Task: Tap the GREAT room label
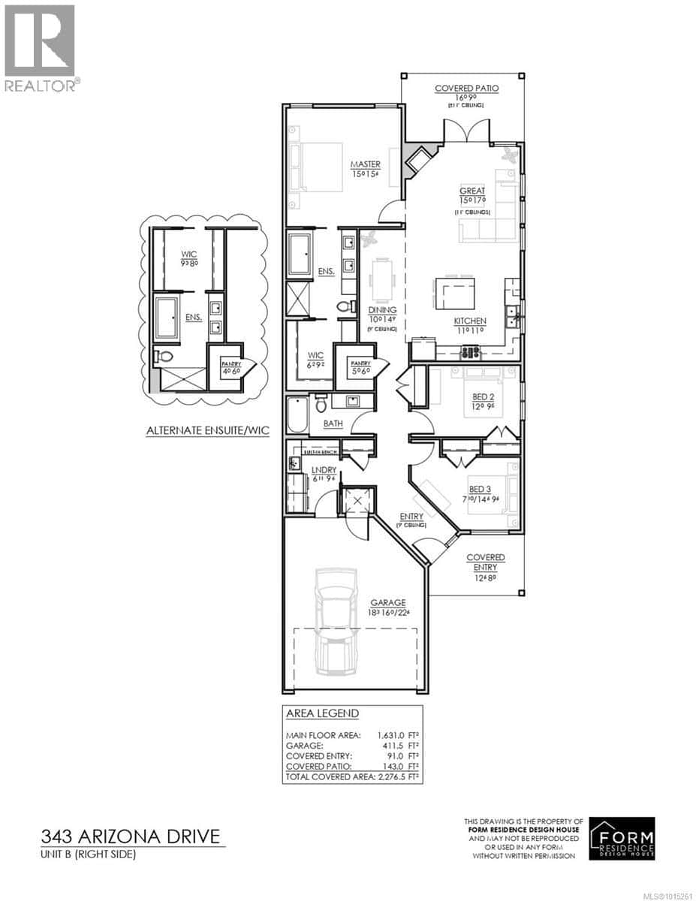click(473, 191)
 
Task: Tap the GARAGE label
click(387, 602)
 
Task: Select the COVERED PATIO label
click(466, 89)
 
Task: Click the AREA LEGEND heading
click(322, 713)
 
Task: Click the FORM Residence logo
click(622, 838)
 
